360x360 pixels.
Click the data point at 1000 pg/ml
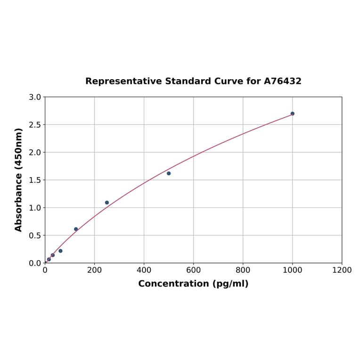click(x=292, y=114)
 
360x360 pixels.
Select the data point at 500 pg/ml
click(x=169, y=173)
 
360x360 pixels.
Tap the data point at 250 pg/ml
click(x=107, y=203)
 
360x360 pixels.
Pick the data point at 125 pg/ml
click(x=76, y=229)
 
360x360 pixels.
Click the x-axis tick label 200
click(x=94, y=270)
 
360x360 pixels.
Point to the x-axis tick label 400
click(x=144, y=270)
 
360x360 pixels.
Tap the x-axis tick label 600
click(x=193, y=270)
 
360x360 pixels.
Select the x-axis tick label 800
click(x=243, y=270)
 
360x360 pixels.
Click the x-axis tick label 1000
click(x=292, y=270)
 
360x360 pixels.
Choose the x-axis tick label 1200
click(x=342, y=270)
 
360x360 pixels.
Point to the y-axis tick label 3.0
click(x=34, y=97)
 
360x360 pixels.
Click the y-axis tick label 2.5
click(x=34, y=125)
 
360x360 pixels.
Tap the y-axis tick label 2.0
click(x=34, y=152)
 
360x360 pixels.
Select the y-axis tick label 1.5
click(x=34, y=180)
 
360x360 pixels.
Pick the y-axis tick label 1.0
click(x=34, y=208)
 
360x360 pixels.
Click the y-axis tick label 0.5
click(x=34, y=235)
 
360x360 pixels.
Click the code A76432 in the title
click(x=282, y=82)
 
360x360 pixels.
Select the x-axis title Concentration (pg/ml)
click(x=193, y=284)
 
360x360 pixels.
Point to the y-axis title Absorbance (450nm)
click(x=19, y=180)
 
